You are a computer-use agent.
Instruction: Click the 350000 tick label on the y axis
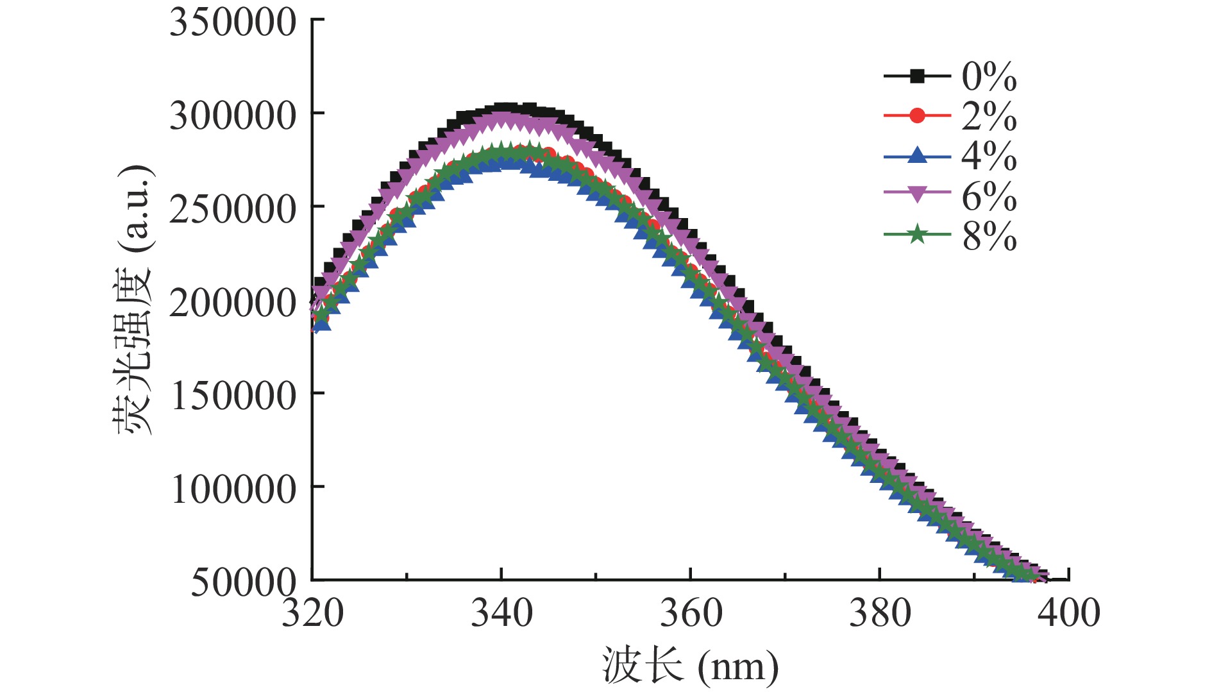click(233, 23)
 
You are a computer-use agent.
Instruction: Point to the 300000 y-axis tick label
click(233, 116)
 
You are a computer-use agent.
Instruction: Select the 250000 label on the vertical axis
click(233, 210)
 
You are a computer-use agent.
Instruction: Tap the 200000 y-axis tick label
click(233, 303)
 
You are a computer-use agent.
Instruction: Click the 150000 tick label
click(233, 396)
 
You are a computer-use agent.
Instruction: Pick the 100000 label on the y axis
click(233, 489)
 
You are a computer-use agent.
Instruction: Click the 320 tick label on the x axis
click(313, 613)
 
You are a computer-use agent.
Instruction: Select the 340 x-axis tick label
click(501, 613)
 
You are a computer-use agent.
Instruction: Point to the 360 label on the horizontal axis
click(691, 613)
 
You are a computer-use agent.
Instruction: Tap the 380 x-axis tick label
click(880, 613)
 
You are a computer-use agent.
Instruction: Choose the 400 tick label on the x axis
click(1069, 613)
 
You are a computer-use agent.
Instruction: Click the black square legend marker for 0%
click(917, 76)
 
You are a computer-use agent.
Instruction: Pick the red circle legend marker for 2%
click(917, 116)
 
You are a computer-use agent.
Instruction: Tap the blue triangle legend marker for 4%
click(917, 156)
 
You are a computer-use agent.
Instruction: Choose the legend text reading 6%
click(989, 196)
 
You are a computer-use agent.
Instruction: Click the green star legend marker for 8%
click(917, 235)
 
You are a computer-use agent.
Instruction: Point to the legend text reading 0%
click(989, 77)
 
